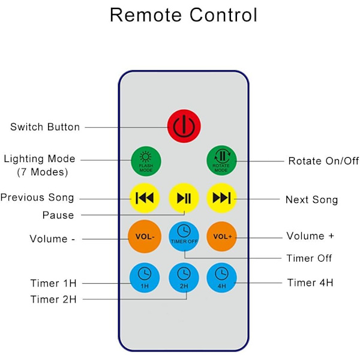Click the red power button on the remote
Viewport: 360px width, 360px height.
[x=183, y=126]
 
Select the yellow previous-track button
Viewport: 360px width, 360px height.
[x=145, y=198]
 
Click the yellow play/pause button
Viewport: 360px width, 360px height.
[x=184, y=198]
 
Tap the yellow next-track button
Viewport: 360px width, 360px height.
[x=221, y=198]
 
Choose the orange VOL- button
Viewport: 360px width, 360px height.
[x=145, y=237]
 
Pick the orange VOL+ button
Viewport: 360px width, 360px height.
[x=221, y=236]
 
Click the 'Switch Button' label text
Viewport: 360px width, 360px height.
[x=45, y=127]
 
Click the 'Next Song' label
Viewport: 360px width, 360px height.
[x=311, y=200]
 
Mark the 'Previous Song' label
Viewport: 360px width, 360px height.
[x=37, y=197]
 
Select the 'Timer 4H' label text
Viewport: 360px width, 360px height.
[x=311, y=283]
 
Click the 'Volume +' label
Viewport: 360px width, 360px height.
[x=310, y=236]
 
